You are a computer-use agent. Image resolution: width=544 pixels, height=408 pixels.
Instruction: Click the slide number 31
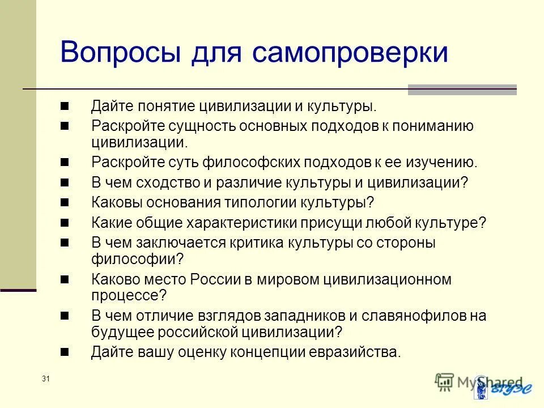[46, 379]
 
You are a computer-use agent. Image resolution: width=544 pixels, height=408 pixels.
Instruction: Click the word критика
[259, 242]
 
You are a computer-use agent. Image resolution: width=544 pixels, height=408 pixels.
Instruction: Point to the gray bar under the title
[462, 89]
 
